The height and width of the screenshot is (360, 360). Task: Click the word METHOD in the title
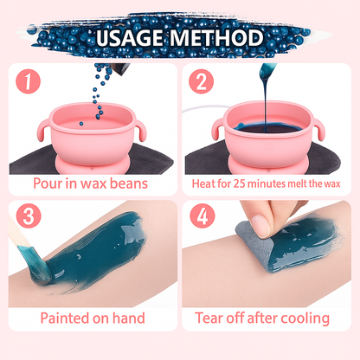pyautogui.click(x=220, y=38)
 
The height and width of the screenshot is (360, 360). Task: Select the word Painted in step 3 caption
pyautogui.click(x=68, y=318)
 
